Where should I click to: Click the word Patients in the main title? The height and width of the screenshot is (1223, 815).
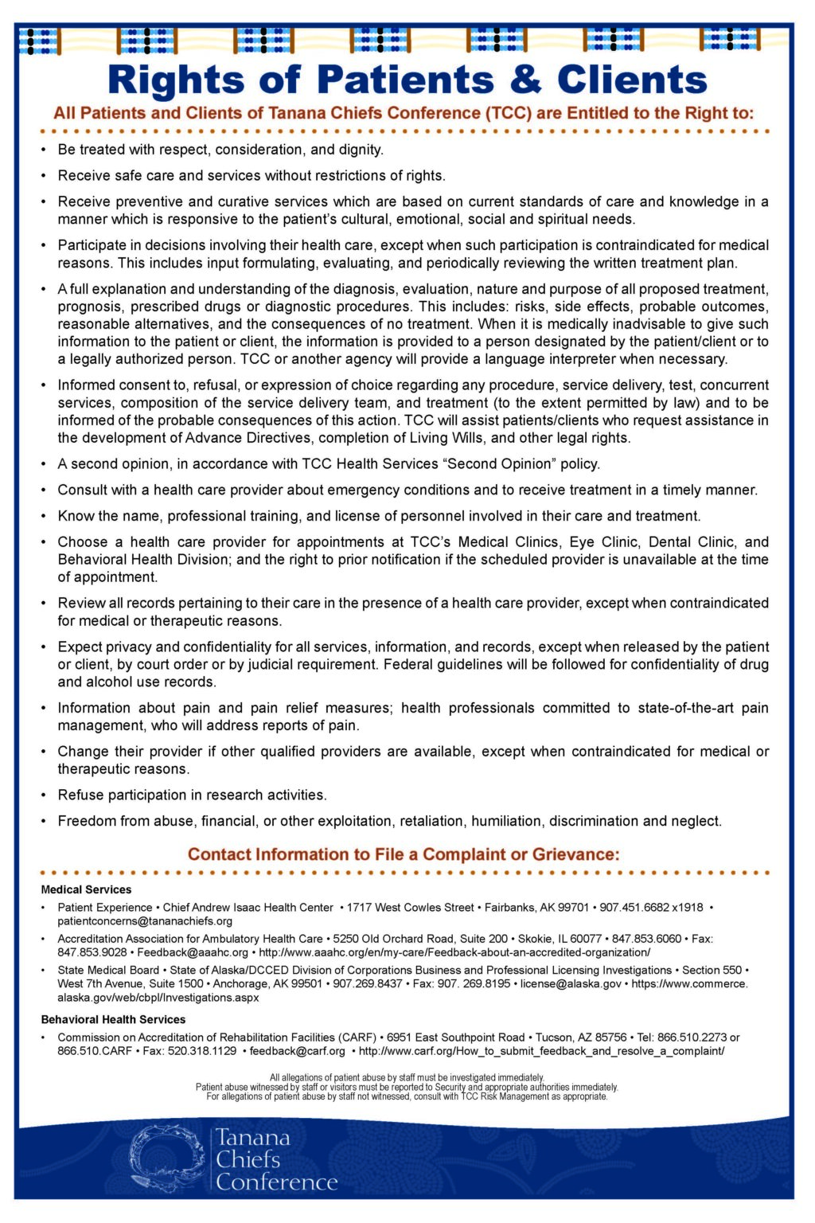coord(405,80)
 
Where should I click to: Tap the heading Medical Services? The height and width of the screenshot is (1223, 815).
coord(86,889)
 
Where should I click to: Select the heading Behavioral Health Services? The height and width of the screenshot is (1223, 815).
coord(113,1019)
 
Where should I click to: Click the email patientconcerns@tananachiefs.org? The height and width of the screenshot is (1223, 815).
coord(145,921)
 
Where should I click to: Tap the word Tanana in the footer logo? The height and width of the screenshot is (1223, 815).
coord(253,1138)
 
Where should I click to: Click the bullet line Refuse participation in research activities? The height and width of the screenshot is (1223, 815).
coord(192,795)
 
